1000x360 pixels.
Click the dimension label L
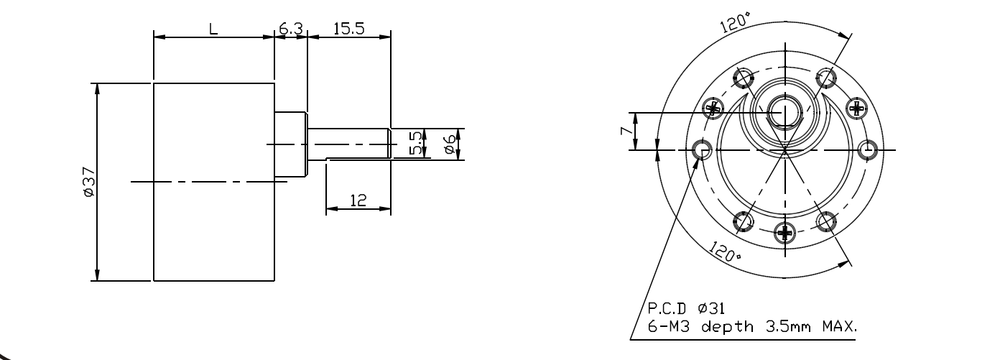[213, 29]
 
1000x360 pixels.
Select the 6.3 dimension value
[291, 29]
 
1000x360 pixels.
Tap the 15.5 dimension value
[349, 29]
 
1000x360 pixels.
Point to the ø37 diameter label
[89, 182]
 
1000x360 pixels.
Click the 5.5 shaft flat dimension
[416, 143]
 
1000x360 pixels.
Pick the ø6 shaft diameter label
[450, 144]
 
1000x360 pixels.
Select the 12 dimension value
[358, 200]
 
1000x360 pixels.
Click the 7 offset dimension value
[626, 131]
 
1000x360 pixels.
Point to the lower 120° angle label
[725, 251]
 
